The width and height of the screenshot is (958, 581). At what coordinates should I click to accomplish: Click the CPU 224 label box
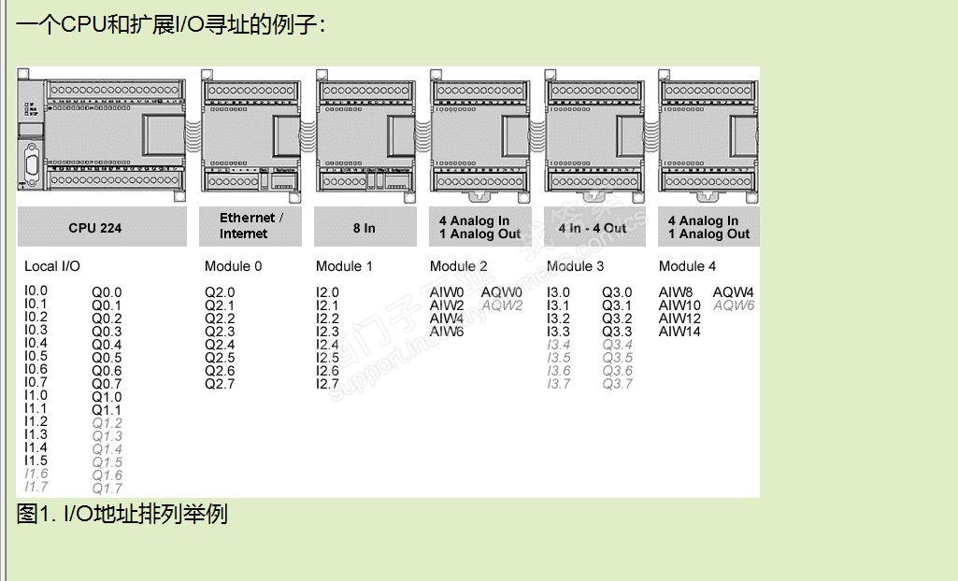pos(94,228)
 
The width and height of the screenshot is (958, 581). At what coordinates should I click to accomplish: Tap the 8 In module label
pos(364,228)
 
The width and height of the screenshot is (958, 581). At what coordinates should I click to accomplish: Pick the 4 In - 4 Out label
pos(593,228)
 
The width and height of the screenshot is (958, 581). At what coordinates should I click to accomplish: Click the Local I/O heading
pos(52,266)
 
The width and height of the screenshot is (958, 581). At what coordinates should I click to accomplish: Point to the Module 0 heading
pos(233,266)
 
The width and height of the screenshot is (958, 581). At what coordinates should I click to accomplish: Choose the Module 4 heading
pos(687,266)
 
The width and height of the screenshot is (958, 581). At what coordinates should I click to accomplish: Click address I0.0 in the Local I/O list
pos(36,290)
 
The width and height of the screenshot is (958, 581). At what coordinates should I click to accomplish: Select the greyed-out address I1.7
pos(36,487)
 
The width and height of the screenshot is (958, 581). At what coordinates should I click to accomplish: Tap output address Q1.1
pos(106,410)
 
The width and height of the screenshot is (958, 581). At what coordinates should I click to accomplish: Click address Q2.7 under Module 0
pos(220,384)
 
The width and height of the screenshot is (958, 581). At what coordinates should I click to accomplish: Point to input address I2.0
pos(327,292)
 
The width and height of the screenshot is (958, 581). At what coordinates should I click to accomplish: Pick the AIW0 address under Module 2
pos(447,292)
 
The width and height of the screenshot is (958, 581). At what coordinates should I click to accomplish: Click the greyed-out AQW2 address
pos(502,305)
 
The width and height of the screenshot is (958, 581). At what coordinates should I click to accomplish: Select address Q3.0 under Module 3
pos(617,292)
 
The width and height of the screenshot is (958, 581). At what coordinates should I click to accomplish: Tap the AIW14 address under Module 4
pos(679,332)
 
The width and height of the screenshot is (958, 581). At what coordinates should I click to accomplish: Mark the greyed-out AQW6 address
pos(734,305)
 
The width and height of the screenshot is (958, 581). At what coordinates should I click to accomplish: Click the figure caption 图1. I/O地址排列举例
pos(122,514)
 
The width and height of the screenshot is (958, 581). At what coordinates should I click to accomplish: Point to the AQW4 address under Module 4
pos(734,292)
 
